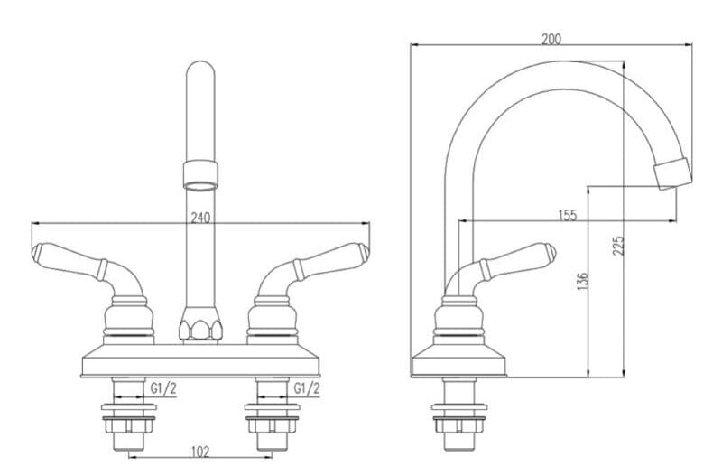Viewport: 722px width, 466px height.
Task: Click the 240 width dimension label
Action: pos(200,217)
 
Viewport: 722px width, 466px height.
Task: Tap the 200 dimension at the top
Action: pos(551,39)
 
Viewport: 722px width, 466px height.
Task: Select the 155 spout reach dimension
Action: pos(567,215)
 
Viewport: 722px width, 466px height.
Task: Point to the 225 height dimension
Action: pos(619,246)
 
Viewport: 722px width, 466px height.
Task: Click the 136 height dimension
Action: pos(583,281)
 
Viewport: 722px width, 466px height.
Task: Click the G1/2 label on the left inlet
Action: pos(163,388)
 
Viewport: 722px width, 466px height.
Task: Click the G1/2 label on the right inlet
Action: pos(308,388)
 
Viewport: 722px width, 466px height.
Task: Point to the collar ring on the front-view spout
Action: pos(200,172)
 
